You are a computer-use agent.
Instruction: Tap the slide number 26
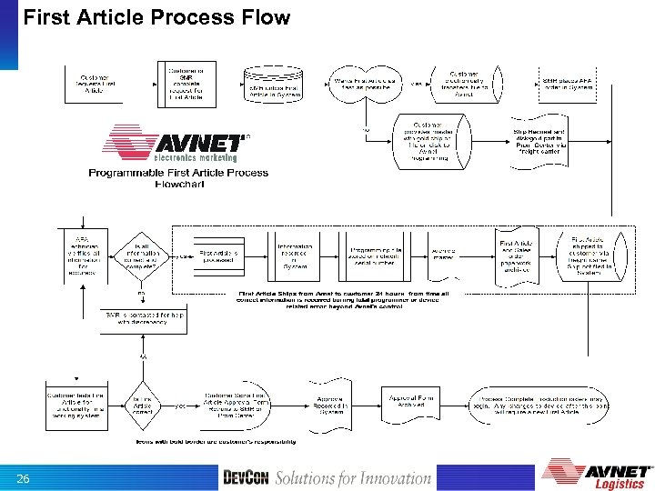point(25,478)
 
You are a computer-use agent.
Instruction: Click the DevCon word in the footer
point(246,478)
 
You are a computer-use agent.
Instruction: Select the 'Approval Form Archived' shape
point(410,404)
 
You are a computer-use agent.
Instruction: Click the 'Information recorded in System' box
point(295,256)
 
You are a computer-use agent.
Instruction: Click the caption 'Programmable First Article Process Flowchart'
point(178,178)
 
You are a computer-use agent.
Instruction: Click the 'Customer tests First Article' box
point(77,406)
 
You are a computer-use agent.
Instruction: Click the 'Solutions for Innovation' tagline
point(353,478)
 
